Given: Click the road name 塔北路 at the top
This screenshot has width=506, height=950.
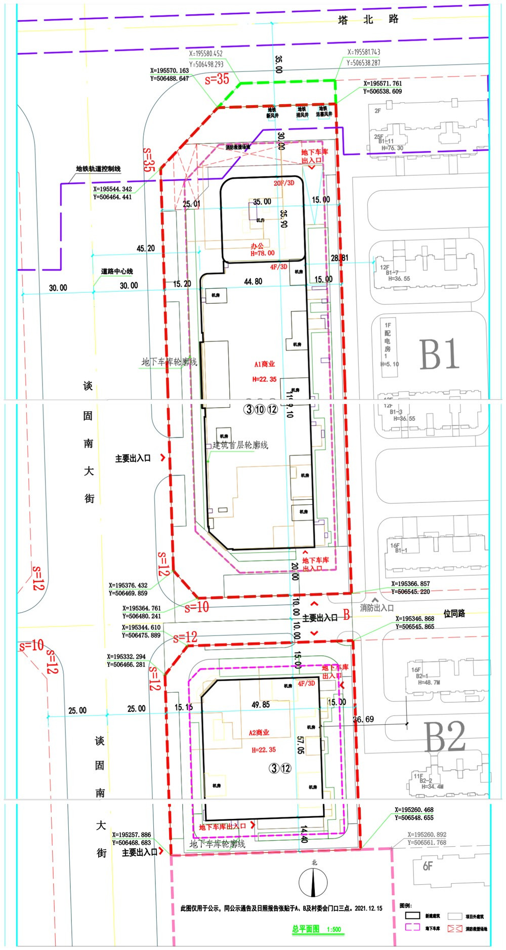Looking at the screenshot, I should [368, 20].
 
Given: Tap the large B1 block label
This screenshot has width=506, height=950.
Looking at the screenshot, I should [439, 354].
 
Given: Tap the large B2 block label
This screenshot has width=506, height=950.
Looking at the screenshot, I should [444, 737].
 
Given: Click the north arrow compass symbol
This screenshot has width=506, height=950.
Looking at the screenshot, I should [314, 882].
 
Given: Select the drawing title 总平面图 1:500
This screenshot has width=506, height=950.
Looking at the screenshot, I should [316, 929].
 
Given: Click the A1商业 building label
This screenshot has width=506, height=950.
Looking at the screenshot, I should [265, 364].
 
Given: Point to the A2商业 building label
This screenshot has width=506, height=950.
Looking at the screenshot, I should [259, 733].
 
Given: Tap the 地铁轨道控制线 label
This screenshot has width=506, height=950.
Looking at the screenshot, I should [98, 169].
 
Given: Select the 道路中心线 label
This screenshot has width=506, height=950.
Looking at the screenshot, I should [116, 271].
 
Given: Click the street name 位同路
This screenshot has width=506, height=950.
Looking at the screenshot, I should [454, 614].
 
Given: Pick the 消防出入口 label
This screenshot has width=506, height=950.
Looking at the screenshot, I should [376, 608].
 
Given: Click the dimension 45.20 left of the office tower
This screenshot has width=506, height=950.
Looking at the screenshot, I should [146, 249].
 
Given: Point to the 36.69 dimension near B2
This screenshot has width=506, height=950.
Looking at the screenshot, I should [363, 719].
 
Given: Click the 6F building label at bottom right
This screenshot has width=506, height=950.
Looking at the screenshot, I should [428, 866].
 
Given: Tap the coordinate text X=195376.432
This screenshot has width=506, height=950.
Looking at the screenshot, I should [128, 585].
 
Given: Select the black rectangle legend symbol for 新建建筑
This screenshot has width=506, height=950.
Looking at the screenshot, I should [412, 916].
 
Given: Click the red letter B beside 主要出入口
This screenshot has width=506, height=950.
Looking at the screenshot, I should [347, 615].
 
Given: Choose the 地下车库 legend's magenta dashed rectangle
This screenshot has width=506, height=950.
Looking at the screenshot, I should [412, 927].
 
